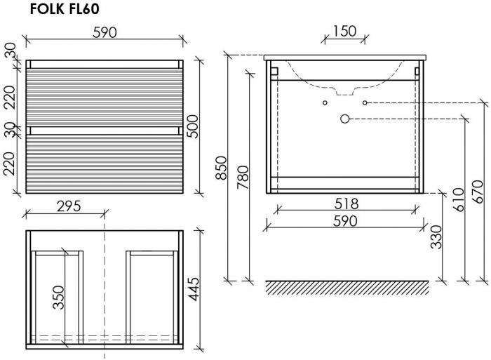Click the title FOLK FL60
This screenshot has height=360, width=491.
coord(65,9)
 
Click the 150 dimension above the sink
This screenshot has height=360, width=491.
coord(344,31)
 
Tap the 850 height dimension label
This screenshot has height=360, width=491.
coord(222,168)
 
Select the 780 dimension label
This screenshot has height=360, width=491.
coord(243,178)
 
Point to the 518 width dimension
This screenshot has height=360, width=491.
coord(347,204)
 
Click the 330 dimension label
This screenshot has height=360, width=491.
coord(436,237)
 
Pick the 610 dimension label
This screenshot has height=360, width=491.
coord(459,199)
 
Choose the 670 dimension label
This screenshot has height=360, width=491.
coord(478,192)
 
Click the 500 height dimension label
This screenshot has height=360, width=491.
coord(193,126)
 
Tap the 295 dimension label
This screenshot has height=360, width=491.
coord(69,206)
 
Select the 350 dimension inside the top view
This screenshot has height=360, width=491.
coord(58,298)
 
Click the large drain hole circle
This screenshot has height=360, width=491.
coord(345,119)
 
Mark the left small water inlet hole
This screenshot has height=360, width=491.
coord(325,102)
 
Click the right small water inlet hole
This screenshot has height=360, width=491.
coord(365,102)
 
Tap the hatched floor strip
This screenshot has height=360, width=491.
coord(347,288)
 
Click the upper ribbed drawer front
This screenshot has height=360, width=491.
coord(105,97)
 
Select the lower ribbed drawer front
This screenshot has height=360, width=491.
coord(105,164)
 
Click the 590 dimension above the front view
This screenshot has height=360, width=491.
coord(105,32)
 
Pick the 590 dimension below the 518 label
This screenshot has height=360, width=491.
coord(345,221)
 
